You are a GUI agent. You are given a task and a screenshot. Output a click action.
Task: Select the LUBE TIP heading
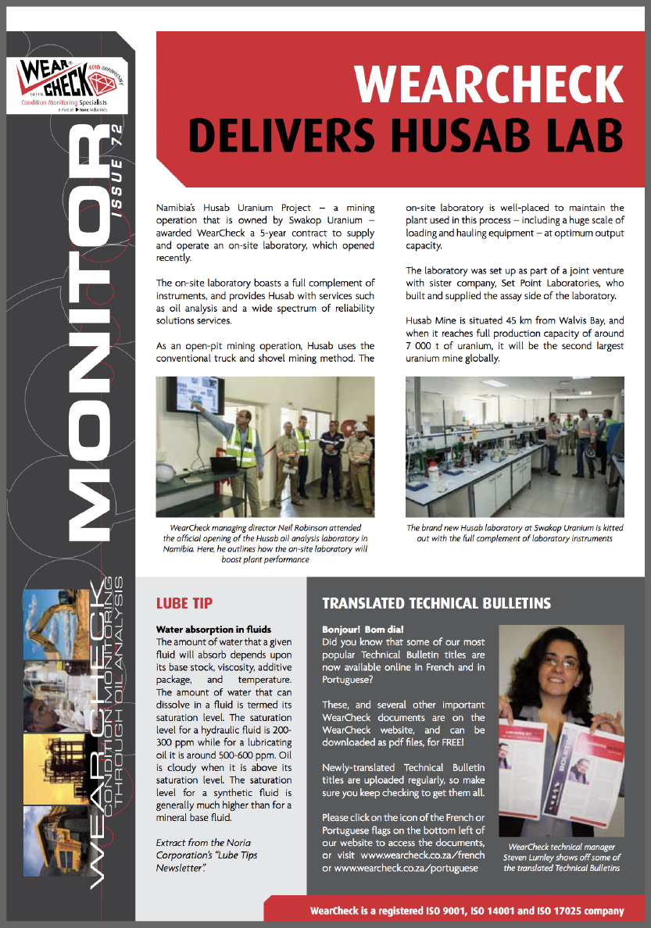[x=184, y=603]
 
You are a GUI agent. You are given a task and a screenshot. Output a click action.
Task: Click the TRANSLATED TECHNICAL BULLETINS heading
[x=436, y=603]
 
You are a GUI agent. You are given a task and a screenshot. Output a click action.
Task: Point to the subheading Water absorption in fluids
[x=213, y=629]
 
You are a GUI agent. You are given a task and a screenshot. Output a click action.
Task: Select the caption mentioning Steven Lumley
[x=562, y=856]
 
